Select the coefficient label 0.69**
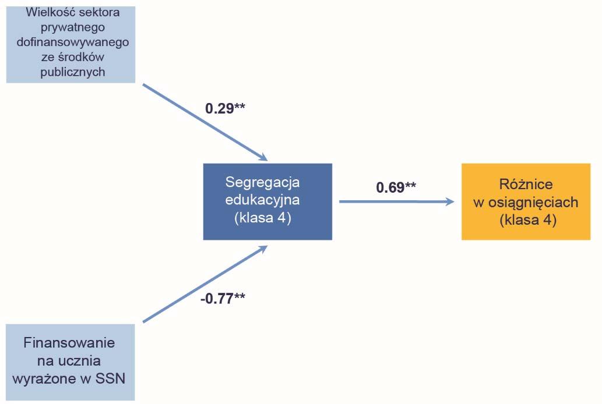pos(396,187)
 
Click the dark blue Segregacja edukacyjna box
pos(267,201)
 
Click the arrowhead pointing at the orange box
pos(449,201)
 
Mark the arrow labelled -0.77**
pos(204,283)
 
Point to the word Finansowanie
pos(69,342)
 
